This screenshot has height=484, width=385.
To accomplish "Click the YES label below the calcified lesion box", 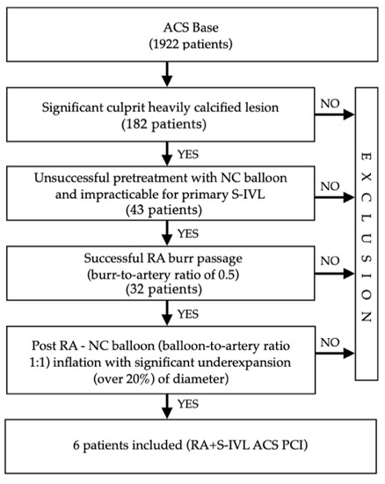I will click(x=188, y=152).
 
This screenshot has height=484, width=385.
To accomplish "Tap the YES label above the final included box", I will click(x=188, y=411).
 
